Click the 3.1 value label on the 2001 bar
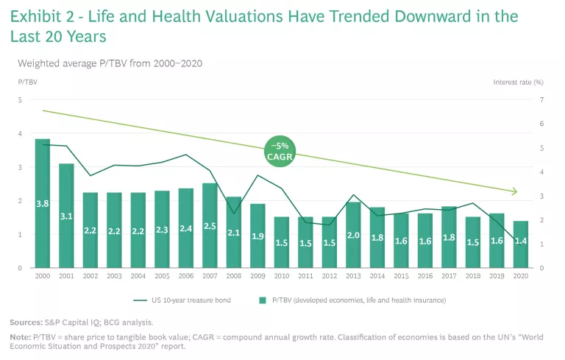66,216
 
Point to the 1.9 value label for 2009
257,236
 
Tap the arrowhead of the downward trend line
514,192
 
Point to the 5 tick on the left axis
20,99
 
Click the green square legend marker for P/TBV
263,300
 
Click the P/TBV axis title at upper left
27,82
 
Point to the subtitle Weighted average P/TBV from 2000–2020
110,63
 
